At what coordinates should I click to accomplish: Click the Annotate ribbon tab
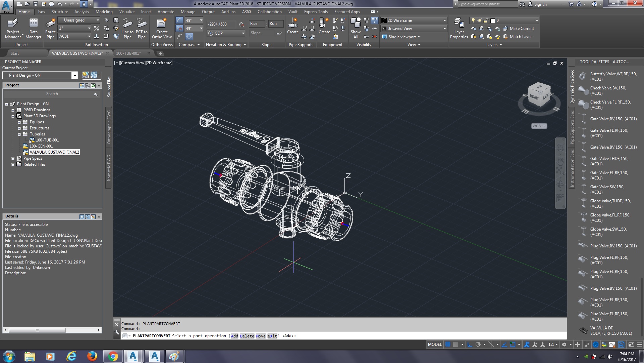pyautogui.click(x=166, y=12)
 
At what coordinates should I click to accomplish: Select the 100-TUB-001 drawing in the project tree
pyautogui.click(x=47, y=140)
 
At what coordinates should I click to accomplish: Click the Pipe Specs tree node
pyautogui.click(x=33, y=158)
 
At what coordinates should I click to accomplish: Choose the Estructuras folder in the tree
pyautogui.click(x=39, y=128)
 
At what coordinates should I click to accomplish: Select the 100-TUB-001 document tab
pyautogui.click(x=128, y=53)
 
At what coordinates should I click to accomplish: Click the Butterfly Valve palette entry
pyautogui.click(x=613, y=77)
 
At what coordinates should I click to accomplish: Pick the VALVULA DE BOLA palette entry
pyautogui.click(x=611, y=331)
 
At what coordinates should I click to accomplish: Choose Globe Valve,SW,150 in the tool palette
pyautogui.click(x=608, y=232)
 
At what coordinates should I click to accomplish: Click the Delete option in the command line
pyautogui.click(x=247, y=336)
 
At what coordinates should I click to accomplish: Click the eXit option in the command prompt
pyautogui.click(x=272, y=336)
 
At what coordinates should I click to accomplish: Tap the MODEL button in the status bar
pyautogui.click(x=435, y=345)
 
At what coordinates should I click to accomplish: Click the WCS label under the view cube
pyautogui.click(x=537, y=126)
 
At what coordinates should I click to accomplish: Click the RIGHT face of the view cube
pyautogui.click(x=534, y=97)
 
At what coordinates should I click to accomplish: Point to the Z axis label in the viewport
pyautogui.click(x=348, y=176)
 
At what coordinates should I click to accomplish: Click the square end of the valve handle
pyautogui.click(x=206, y=120)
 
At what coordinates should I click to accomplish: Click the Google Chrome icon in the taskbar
pyautogui.click(x=113, y=356)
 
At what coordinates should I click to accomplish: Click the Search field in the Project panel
pyautogui.click(x=52, y=94)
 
